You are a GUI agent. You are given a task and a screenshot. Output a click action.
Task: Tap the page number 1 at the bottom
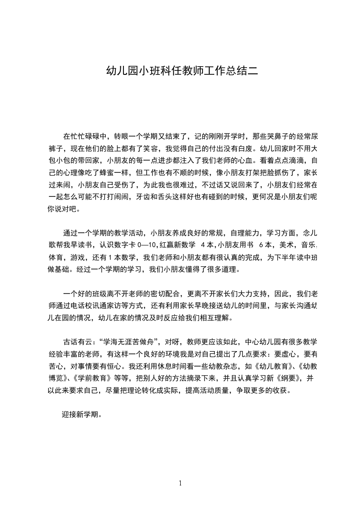(x=180, y=483)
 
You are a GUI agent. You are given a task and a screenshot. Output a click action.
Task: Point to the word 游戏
(x=79, y=258)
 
